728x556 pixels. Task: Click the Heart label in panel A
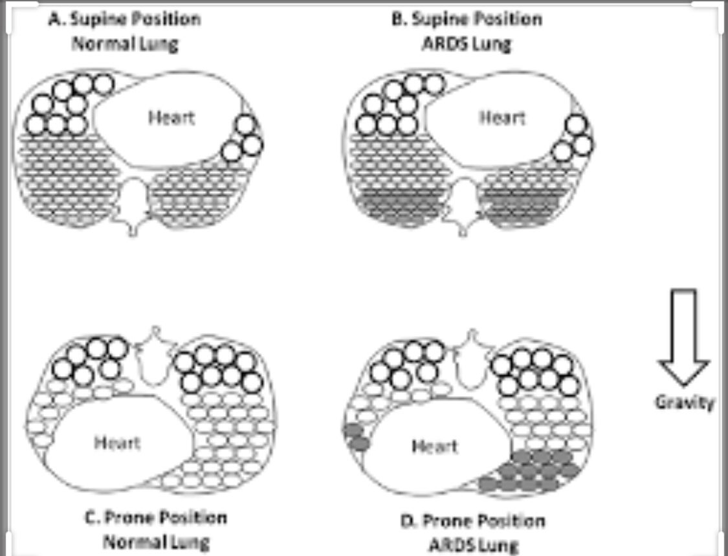pyautogui.click(x=171, y=118)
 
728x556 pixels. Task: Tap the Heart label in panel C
pyautogui.click(x=117, y=443)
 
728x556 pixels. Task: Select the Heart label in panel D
pyautogui.click(x=434, y=447)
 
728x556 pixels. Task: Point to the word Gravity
pyautogui.click(x=685, y=403)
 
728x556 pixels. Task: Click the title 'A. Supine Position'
pyautogui.click(x=125, y=19)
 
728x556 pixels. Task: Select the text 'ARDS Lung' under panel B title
pyautogui.click(x=466, y=44)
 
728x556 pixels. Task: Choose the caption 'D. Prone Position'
pyautogui.click(x=465, y=521)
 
